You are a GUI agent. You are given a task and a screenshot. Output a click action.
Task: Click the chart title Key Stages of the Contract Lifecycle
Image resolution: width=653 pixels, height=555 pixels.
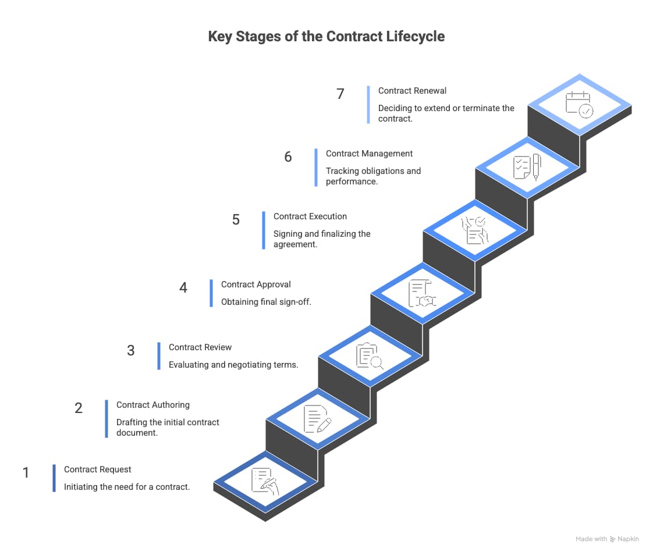pos(326,36)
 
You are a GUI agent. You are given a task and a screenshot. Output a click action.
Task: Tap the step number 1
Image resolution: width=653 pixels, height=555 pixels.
pos(26,472)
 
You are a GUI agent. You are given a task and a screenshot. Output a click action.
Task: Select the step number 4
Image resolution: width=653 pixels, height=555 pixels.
pos(183,287)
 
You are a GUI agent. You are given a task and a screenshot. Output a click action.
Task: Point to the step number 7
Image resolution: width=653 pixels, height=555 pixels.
pos(340,94)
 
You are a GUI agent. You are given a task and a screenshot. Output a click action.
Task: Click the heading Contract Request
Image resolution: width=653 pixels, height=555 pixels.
pos(98,469)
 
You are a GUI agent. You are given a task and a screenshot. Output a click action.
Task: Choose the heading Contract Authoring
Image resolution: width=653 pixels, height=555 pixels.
pos(153,405)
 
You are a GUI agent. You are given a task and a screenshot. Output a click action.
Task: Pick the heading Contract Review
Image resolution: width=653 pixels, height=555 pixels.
pos(200,347)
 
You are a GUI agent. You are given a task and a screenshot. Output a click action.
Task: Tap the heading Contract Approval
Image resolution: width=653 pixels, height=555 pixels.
pos(255,284)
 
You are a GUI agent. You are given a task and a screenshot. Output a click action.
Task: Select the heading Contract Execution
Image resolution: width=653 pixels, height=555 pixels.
pos(310,216)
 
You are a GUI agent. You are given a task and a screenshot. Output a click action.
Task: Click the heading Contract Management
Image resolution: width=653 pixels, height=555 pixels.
pos(369,154)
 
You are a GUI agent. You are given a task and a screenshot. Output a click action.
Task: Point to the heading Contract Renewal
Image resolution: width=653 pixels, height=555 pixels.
pos(412,91)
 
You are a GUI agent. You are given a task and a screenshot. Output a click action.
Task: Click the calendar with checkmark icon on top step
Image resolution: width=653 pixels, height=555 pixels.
pos(579,105)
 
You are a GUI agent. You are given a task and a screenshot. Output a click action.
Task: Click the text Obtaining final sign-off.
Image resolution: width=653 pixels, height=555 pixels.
pos(266,302)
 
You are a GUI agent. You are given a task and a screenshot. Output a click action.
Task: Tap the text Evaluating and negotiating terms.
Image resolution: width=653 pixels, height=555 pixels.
pos(233,365)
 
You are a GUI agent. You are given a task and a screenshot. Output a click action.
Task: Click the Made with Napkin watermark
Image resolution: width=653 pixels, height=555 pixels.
pos(607,539)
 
